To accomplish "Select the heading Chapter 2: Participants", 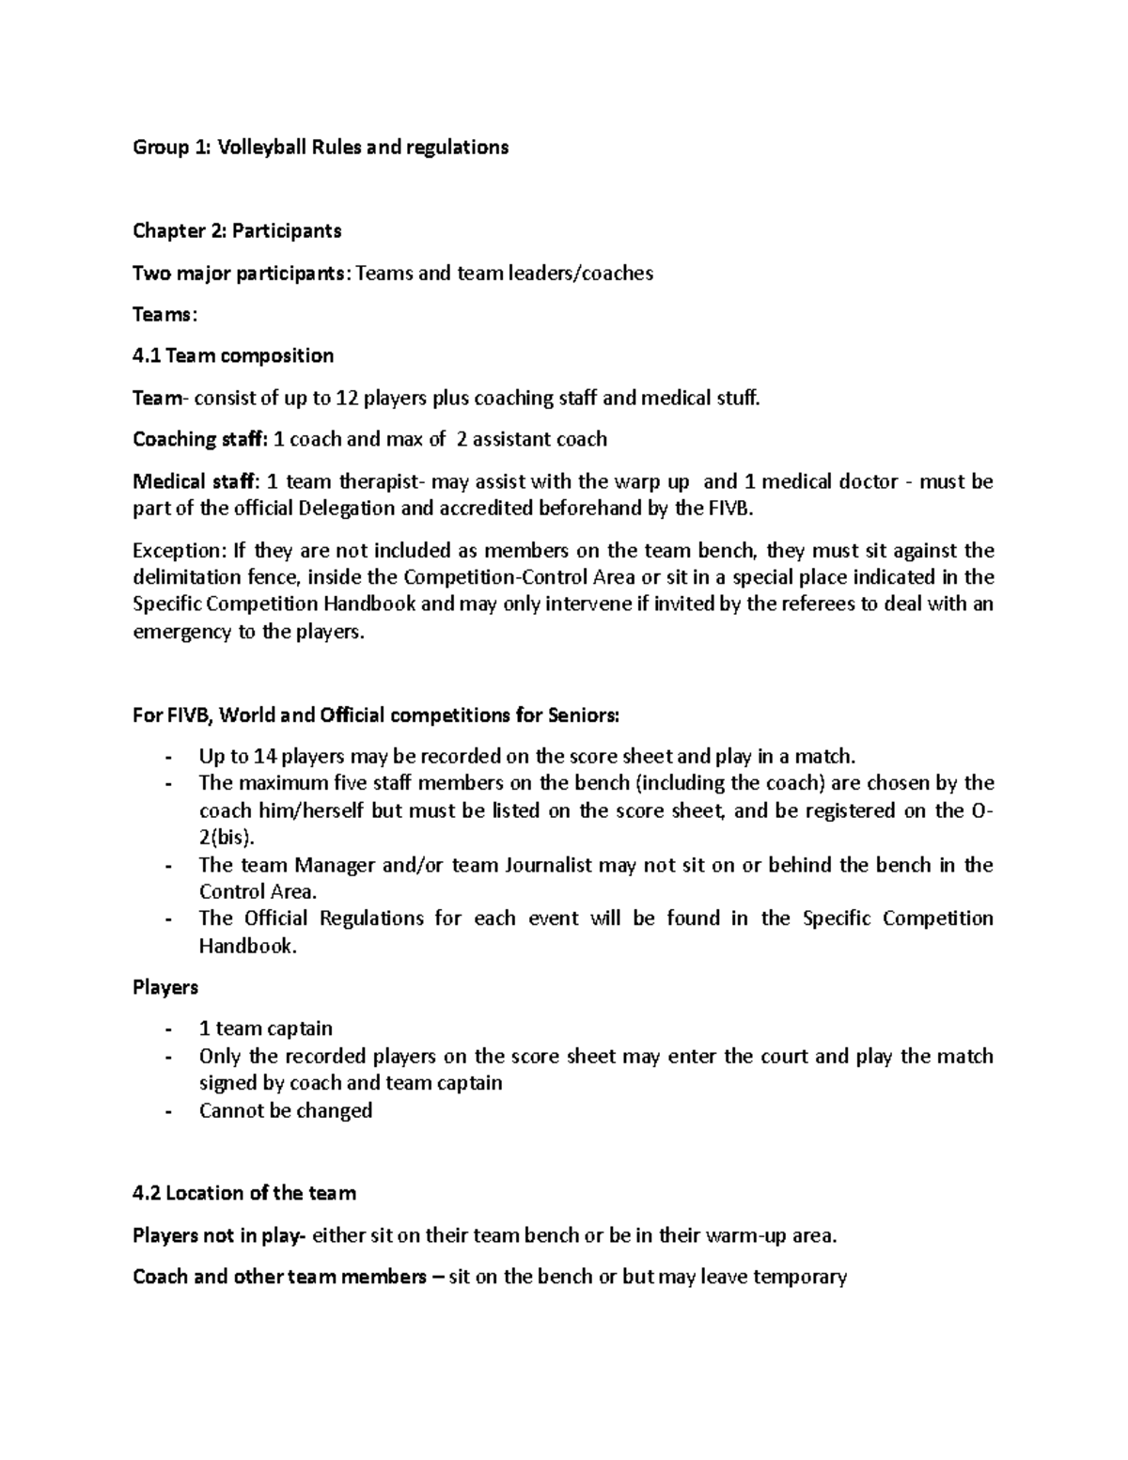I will tap(237, 230).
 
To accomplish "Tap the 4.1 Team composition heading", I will tap(233, 355).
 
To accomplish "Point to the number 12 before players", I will tap(347, 398).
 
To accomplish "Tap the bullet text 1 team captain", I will tap(266, 1028).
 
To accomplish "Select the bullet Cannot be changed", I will tap(286, 1110).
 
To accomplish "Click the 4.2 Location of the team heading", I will tap(244, 1193).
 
